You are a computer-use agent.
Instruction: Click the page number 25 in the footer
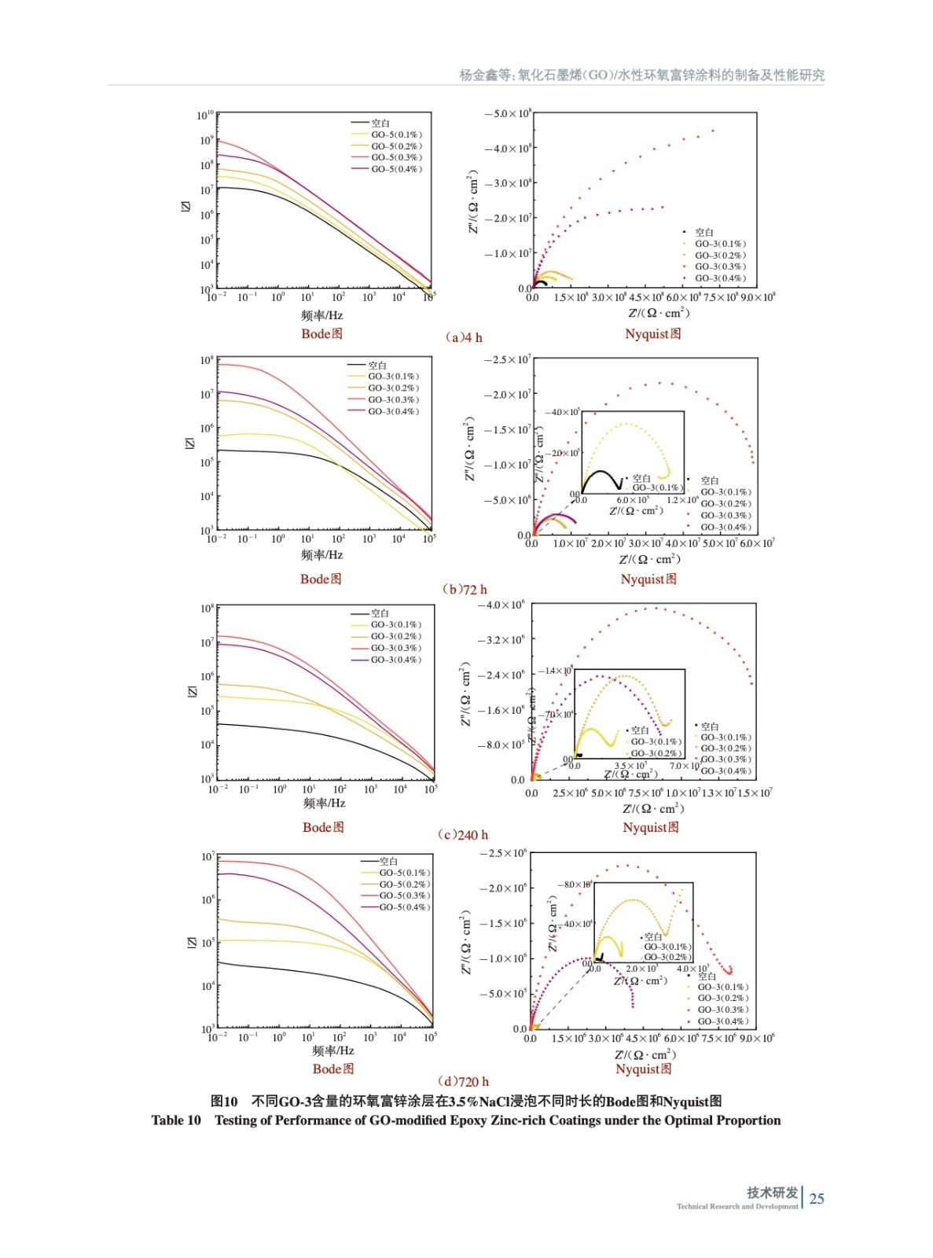pyautogui.click(x=817, y=1198)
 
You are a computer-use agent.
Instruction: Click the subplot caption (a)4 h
pyautogui.click(x=464, y=337)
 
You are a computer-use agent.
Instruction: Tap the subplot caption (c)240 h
pyautogui.click(x=462, y=834)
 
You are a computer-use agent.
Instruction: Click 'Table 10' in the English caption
pyautogui.click(x=176, y=1120)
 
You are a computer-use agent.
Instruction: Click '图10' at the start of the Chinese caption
pyautogui.click(x=224, y=1102)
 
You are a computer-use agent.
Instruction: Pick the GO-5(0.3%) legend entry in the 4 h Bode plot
pyautogui.click(x=396, y=157)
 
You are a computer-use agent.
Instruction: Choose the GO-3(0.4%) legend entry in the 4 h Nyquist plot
pyautogui.click(x=720, y=278)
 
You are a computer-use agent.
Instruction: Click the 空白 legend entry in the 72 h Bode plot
pyautogui.click(x=377, y=366)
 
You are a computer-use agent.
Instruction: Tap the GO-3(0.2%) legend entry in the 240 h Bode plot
pyautogui.click(x=396, y=636)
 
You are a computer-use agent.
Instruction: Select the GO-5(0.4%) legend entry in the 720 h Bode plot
pyautogui.click(x=405, y=907)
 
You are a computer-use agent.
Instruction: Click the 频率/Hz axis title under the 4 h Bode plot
pyautogui.click(x=321, y=315)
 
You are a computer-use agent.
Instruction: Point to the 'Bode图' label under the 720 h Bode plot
pyautogui.click(x=332, y=1069)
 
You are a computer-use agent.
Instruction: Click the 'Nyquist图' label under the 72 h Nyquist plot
pyautogui.click(x=648, y=579)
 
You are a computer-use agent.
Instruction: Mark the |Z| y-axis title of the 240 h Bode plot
pyautogui.click(x=192, y=691)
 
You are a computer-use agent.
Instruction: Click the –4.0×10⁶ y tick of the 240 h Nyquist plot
pyautogui.click(x=501, y=605)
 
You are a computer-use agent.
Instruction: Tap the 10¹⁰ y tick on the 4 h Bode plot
pyautogui.click(x=204, y=116)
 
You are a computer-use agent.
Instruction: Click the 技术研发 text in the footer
pyautogui.click(x=772, y=1192)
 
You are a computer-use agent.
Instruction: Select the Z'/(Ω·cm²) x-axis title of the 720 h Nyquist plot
pyautogui.click(x=645, y=1054)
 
